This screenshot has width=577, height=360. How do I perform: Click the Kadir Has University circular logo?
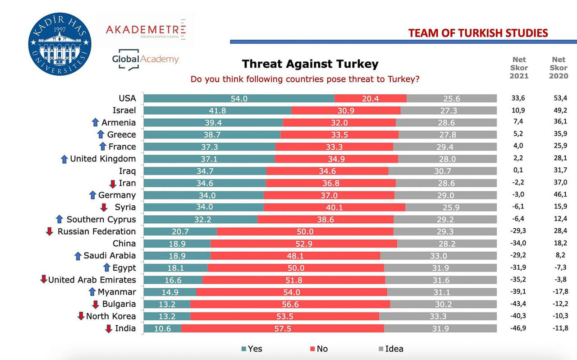pyautogui.click(x=59, y=44)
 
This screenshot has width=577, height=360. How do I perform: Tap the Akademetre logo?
pyautogui.click(x=145, y=30)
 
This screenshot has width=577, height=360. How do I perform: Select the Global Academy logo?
pyautogui.click(x=145, y=60)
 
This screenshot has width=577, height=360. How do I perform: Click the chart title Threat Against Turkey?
pyautogui.click(x=310, y=64)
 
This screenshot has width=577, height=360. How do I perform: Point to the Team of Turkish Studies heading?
pyautogui.click(x=478, y=33)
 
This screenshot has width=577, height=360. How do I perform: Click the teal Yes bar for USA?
pyautogui.click(x=239, y=98)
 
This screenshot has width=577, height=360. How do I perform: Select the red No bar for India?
pyautogui.click(x=282, y=328)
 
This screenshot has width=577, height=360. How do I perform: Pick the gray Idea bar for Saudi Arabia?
pyautogui.click(x=438, y=256)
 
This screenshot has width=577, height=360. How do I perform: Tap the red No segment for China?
pyautogui.click(x=303, y=244)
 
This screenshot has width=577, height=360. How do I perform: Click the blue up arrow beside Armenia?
pyautogui.click(x=95, y=122)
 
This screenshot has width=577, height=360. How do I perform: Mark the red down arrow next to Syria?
pyautogui.click(x=104, y=208)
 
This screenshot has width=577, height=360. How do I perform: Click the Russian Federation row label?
pyautogui.click(x=96, y=231)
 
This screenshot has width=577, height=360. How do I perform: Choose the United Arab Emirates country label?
pyautogui.click(x=92, y=280)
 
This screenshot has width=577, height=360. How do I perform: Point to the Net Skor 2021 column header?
pyautogui.click(x=519, y=68)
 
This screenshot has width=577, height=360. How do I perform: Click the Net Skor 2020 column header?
pyautogui.click(x=558, y=68)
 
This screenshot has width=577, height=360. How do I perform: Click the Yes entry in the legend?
pyautogui.click(x=251, y=349)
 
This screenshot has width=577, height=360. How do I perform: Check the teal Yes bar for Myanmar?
pyautogui.click(x=170, y=292)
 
